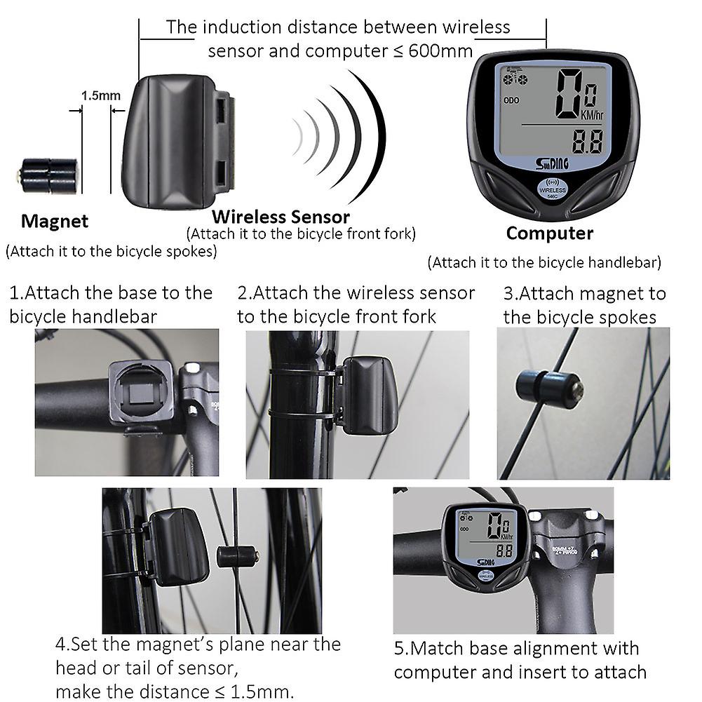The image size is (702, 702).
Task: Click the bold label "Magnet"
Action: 55,222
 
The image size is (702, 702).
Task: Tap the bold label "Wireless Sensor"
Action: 281,217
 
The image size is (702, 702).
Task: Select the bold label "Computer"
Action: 549,233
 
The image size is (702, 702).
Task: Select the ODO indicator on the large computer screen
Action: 511,100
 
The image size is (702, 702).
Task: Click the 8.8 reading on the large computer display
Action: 588,142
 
